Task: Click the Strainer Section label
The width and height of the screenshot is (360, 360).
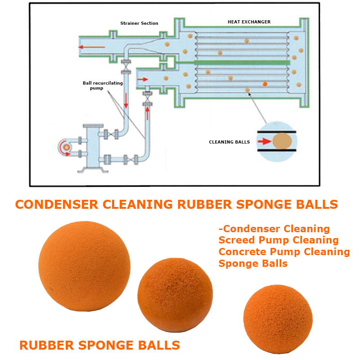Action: pyautogui.click(x=139, y=23)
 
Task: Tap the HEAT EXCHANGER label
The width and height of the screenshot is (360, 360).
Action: pyautogui.click(x=249, y=22)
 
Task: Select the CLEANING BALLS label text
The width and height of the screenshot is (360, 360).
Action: pyautogui.click(x=229, y=142)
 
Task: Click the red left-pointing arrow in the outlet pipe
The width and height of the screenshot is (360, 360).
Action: pyautogui.click(x=90, y=46)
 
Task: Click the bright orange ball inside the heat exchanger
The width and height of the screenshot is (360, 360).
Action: pyautogui.click(x=265, y=84)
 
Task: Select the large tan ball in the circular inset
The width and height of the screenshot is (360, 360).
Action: pyautogui.click(x=282, y=141)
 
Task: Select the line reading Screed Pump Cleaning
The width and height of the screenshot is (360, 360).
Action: pyautogui.click(x=278, y=240)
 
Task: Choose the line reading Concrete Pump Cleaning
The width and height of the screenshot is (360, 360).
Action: pyautogui.click(x=284, y=252)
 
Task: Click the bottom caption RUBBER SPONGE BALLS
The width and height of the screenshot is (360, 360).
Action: pyautogui.click(x=99, y=346)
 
